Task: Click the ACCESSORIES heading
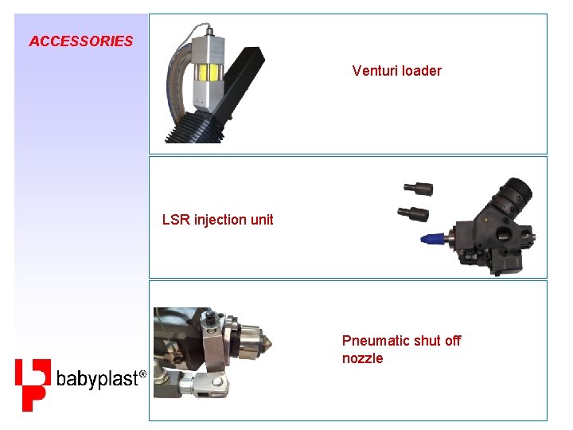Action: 80,41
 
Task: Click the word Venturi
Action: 376,71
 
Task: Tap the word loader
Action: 422,71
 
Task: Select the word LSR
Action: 176,220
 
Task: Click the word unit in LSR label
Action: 262,220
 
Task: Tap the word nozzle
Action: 362,358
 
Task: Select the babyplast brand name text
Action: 97,380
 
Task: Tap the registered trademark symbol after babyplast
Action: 142,373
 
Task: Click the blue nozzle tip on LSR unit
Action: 430,236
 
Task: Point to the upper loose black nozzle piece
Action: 419,189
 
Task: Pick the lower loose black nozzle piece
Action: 414,213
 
